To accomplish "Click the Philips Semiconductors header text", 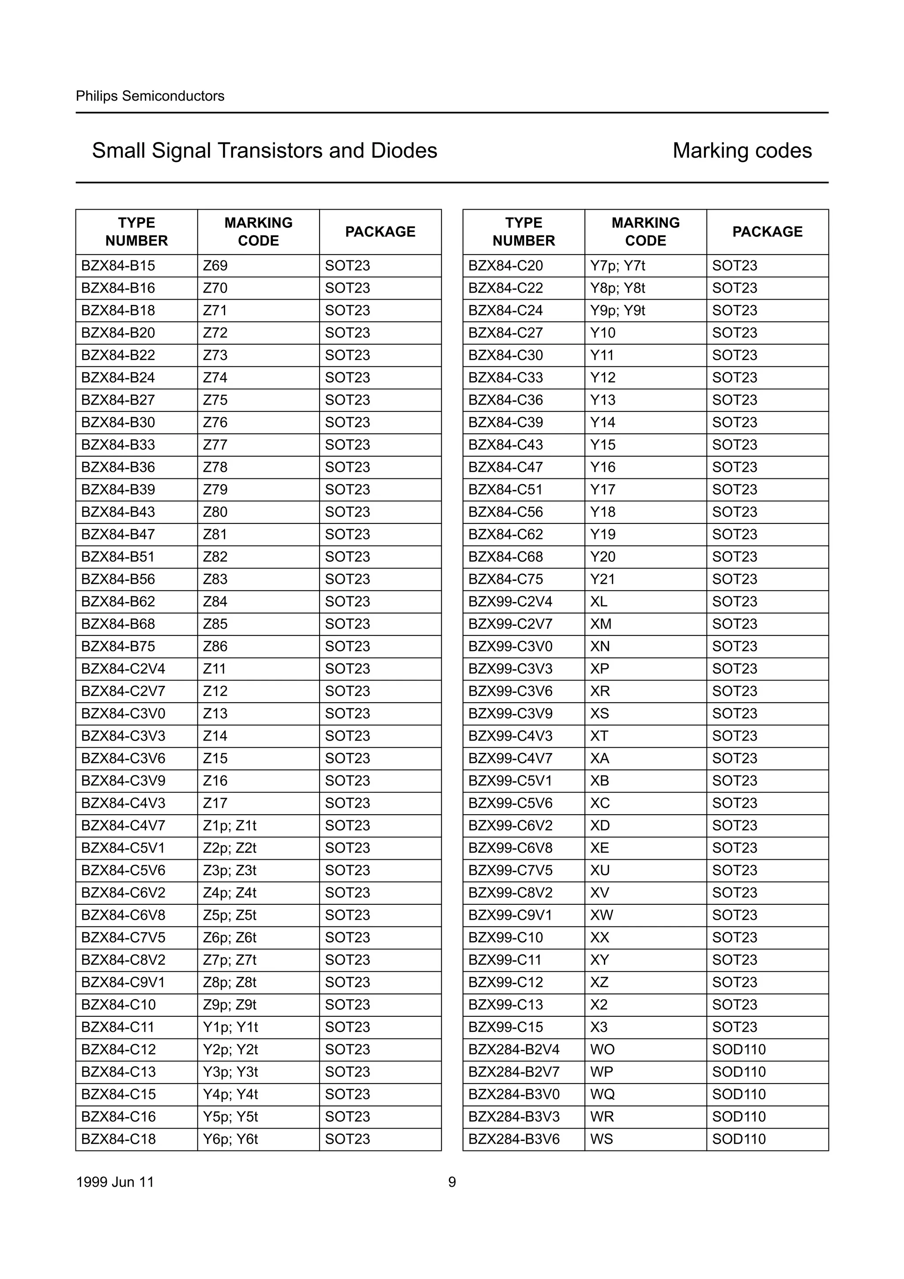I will coord(150,96).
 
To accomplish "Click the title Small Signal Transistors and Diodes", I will coord(264,150).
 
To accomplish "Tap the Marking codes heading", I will coord(742,150).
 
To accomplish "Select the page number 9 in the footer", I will coord(452,1181).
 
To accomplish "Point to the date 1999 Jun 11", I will coord(115,1181).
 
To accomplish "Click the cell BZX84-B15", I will coord(118,266).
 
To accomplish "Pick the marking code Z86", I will coord(215,646).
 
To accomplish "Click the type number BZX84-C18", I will coord(118,1139).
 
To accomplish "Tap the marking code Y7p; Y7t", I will coord(617,266).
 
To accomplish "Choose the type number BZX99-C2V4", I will coord(510,602).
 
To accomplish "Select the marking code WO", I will coord(602,1049).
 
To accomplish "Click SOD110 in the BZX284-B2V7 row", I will coord(738,1072).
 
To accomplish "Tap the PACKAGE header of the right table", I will coord(767,232).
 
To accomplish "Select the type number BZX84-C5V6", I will coord(123,870).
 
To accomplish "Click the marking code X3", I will coord(599,1027).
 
